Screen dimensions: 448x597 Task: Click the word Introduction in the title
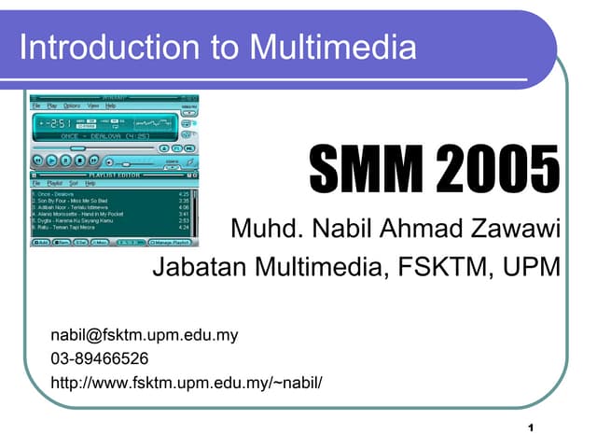(x=77, y=47)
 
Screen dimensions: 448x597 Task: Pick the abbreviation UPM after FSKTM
(x=531, y=269)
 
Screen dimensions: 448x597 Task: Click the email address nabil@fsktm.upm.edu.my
(x=145, y=335)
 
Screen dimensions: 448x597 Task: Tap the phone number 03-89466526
(x=100, y=358)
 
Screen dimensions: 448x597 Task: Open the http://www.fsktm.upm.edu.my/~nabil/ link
(x=187, y=382)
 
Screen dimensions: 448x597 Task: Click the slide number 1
(x=529, y=427)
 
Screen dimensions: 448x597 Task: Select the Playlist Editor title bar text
(x=113, y=175)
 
